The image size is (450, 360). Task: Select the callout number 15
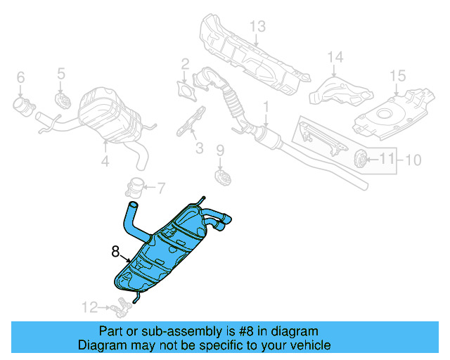pyautogui.click(x=397, y=75)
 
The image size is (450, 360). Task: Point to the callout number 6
pyautogui.click(x=20, y=77)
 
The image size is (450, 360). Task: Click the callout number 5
pyautogui.click(x=60, y=72)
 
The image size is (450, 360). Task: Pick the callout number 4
pyautogui.click(x=105, y=162)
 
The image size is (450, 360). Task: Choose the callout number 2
pyautogui.click(x=185, y=65)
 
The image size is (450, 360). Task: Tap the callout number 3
pyautogui.click(x=199, y=148)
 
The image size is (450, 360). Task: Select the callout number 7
pyautogui.click(x=160, y=188)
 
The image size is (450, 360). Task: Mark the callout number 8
pyautogui.click(x=115, y=250)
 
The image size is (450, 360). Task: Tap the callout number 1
pyautogui.click(x=266, y=107)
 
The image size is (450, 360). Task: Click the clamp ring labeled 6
pyautogui.click(x=22, y=107)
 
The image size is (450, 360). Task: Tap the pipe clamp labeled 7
pyautogui.click(x=134, y=188)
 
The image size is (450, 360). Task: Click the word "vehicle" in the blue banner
pyautogui.click(x=308, y=345)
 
